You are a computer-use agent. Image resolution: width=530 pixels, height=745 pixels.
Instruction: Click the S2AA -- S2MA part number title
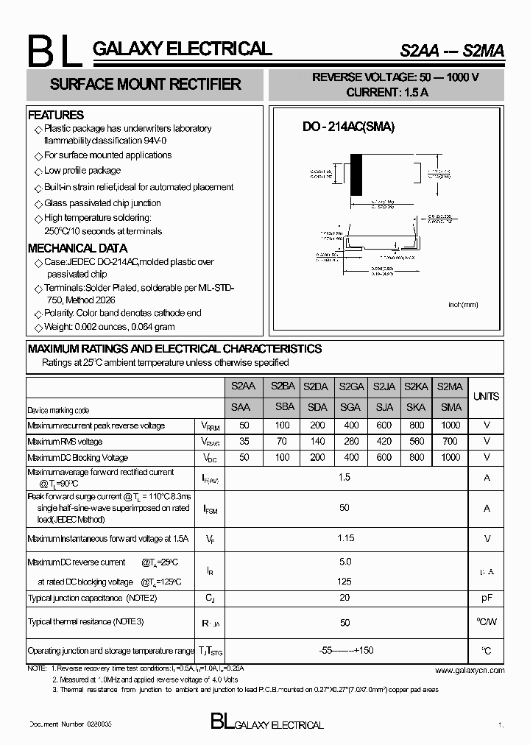(452, 51)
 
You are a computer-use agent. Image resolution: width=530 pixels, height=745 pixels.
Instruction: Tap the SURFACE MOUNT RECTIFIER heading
(145, 85)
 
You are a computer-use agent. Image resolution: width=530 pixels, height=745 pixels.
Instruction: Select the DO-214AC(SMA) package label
(349, 127)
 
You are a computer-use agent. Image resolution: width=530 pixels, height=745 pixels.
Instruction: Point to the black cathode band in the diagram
(356, 174)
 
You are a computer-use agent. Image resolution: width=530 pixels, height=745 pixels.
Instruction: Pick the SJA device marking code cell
(384, 407)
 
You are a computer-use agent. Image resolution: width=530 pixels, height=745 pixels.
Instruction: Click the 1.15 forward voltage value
(344, 539)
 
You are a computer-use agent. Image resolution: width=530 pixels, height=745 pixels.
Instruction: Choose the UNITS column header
(486, 396)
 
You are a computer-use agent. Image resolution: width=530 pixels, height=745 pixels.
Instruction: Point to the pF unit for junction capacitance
(486, 599)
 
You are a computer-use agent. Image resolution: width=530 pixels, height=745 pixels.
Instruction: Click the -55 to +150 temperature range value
(344, 651)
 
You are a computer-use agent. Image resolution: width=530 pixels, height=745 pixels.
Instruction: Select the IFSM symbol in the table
(209, 509)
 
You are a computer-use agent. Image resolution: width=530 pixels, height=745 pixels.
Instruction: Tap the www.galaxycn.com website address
(470, 670)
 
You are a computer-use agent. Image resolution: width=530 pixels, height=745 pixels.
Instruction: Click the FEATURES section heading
(56, 115)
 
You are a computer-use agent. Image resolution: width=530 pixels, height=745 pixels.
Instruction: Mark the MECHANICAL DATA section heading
(77, 248)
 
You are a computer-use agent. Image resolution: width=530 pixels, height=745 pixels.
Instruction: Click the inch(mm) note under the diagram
(463, 304)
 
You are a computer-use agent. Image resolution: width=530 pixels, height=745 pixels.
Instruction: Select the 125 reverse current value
(344, 582)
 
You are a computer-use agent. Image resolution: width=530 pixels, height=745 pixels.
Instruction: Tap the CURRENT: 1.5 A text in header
(386, 92)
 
